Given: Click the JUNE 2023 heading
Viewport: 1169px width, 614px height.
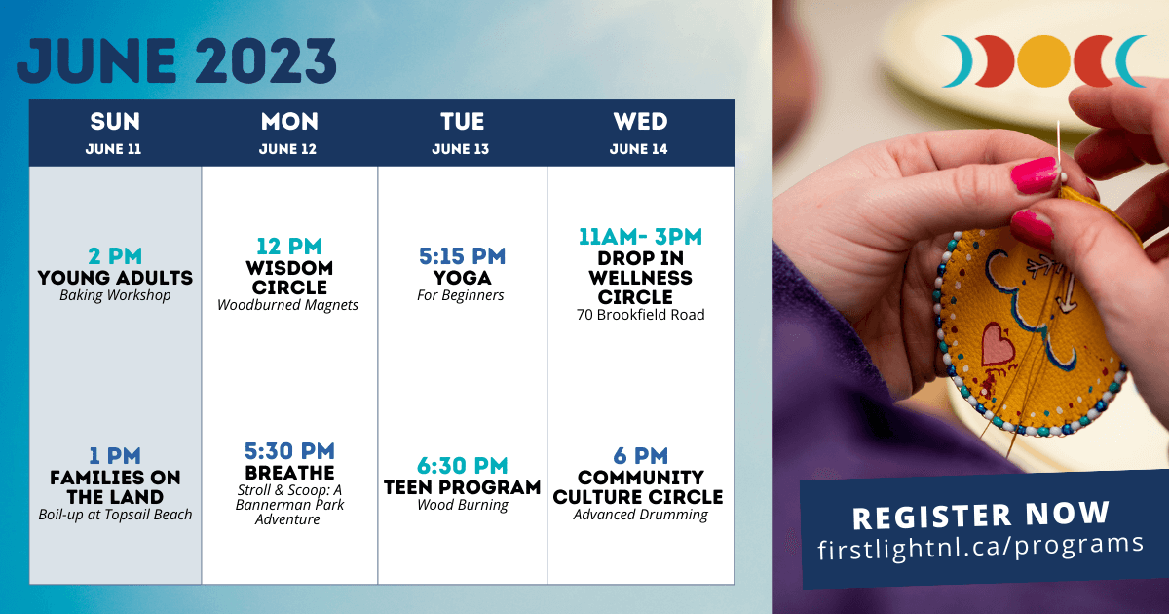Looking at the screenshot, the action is click(x=176, y=60).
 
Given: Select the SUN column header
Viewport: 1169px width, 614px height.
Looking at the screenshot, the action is click(x=115, y=121).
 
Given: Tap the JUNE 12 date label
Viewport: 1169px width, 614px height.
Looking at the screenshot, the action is click(x=287, y=149).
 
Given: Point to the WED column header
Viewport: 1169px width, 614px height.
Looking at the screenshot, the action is click(x=640, y=121).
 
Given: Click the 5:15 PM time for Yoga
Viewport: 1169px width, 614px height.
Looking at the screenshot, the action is click(x=463, y=255).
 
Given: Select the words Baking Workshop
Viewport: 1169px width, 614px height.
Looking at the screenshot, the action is click(x=115, y=295).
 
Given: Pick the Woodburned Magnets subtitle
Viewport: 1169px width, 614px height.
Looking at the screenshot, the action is click(x=287, y=305).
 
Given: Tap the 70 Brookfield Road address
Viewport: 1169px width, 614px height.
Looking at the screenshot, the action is click(x=640, y=315).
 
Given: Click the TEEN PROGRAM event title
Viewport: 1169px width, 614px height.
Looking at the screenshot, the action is click(x=463, y=487).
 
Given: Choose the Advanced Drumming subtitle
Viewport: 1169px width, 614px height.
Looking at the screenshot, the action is click(x=640, y=515).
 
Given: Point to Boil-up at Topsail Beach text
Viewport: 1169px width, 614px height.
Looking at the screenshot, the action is click(x=115, y=515).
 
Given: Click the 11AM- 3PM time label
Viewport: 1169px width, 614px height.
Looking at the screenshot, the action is click(x=640, y=237).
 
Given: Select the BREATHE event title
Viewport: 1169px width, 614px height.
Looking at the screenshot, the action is click(x=289, y=473).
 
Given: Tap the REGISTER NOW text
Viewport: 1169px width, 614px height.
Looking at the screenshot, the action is click(x=981, y=515).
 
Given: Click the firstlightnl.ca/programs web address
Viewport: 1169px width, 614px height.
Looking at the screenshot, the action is click(x=981, y=546).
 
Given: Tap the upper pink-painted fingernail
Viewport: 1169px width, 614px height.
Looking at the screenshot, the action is click(x=1035, y=174).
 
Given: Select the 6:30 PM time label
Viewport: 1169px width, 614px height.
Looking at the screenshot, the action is click(x=463, y=466).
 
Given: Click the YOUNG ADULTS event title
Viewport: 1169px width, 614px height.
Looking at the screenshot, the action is click(x=115, y=277).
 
